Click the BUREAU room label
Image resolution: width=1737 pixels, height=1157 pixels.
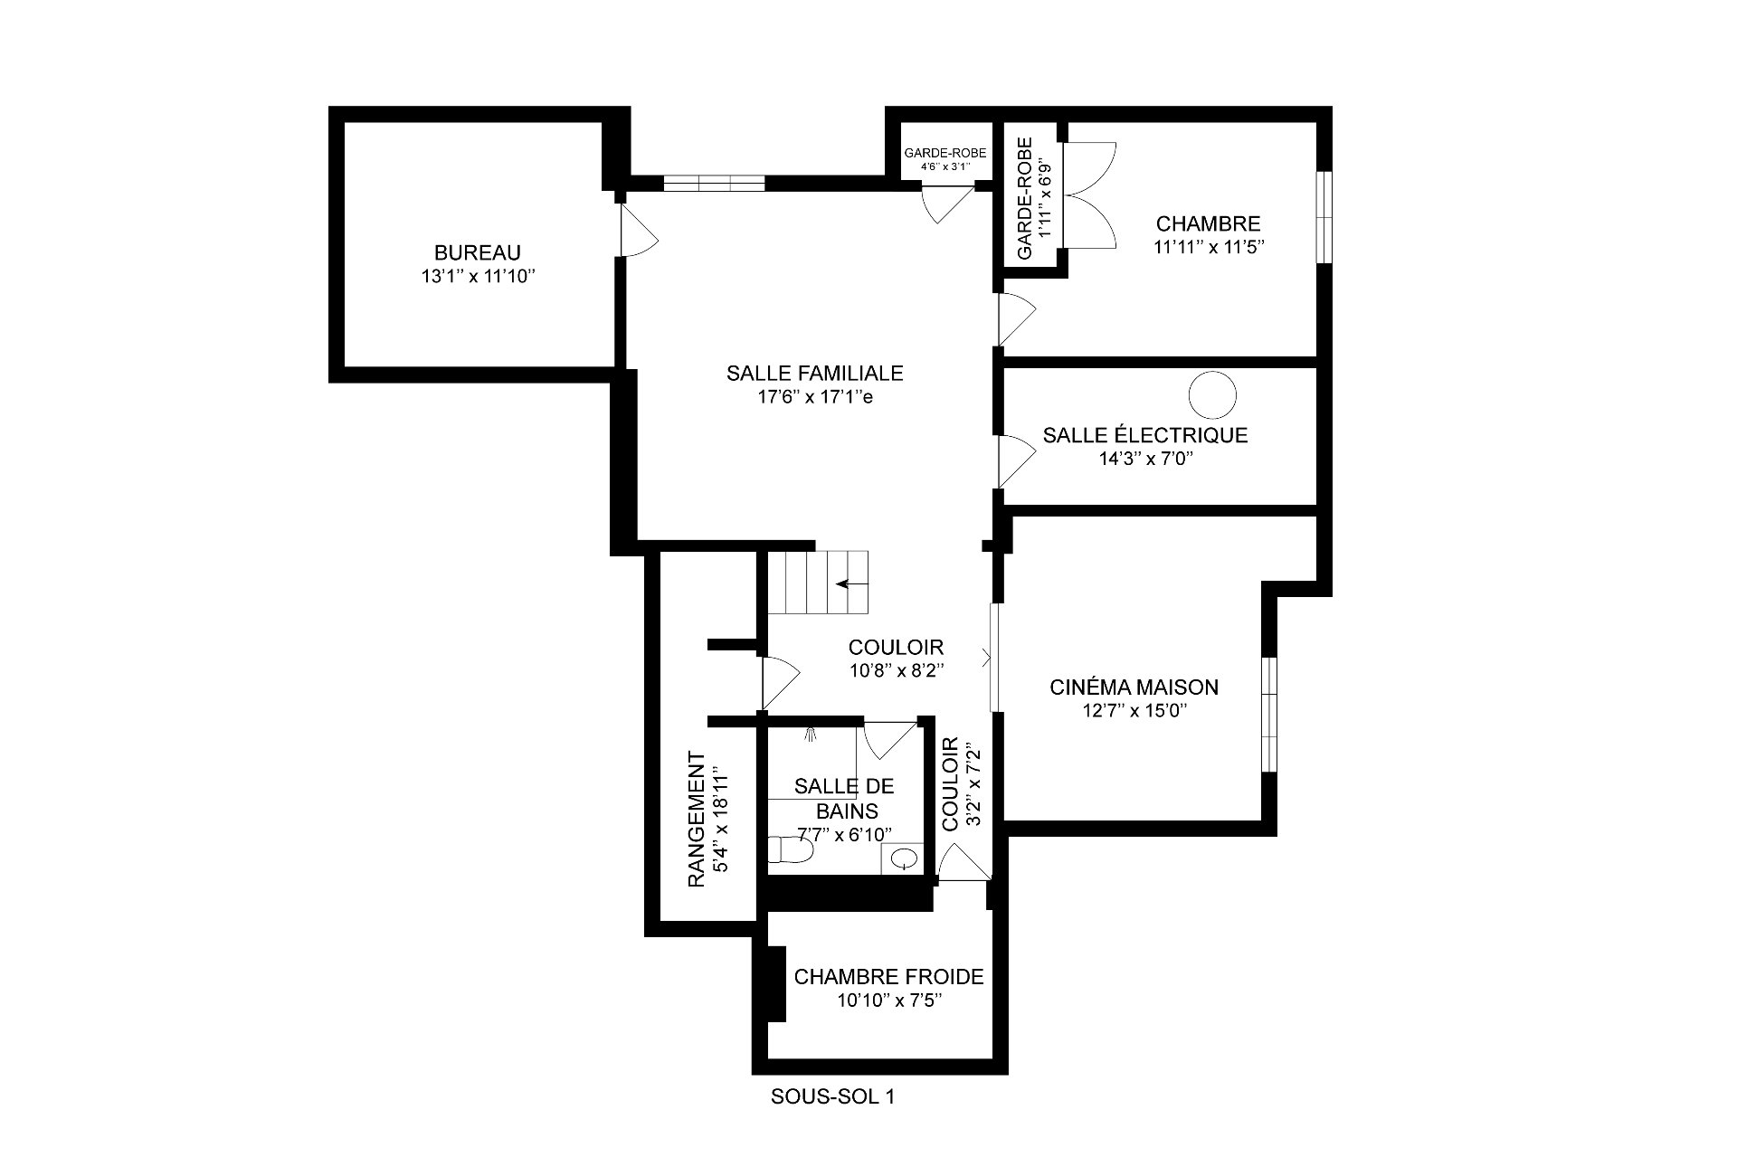point(477,253)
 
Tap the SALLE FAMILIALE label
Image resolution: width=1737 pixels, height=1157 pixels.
point(814,373)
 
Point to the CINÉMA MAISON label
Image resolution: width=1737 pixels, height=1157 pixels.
point(1134,688)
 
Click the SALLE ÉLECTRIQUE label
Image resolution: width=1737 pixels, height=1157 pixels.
point(1145,435)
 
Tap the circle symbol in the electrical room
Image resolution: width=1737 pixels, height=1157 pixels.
point(1211,394)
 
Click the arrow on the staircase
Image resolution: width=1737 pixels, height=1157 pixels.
point(849,583)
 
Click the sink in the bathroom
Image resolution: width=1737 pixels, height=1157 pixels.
point(903,858)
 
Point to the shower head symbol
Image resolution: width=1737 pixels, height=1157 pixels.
point(811,734)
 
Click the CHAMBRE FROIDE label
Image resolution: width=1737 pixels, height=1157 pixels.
point(888,977)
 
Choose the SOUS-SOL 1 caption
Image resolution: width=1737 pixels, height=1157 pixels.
point(832,1097)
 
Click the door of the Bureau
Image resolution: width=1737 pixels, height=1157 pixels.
point(637,230)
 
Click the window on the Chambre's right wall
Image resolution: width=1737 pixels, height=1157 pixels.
point(1324,217)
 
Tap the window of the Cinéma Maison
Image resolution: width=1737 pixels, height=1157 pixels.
point(1269,715)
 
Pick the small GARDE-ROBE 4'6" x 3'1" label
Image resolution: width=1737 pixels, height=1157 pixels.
point(945,159)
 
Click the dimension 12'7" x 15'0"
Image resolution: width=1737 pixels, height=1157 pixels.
point(1134,711)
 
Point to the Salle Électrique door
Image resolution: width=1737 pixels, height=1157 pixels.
point(1014,461)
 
